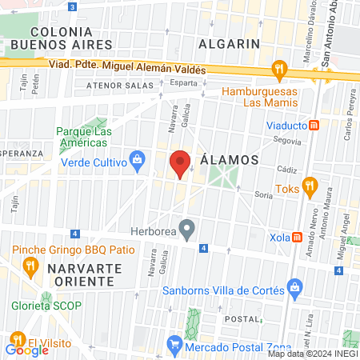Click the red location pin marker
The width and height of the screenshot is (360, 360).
(x=180, y=163)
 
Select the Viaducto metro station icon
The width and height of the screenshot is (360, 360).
(x=315, y=126)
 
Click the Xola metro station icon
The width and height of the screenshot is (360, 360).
(x=297, y=237)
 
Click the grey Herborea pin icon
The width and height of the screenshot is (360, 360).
(x=187, y=231)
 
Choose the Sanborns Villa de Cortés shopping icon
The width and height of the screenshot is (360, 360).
(x=295, y=286)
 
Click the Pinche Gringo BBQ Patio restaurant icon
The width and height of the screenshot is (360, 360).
(x=31, y=265)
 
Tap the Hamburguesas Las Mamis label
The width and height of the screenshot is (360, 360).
(x=258, y=97)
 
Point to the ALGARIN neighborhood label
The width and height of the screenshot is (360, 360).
(x=230, y=43)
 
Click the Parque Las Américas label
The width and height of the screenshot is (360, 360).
(x=82, y=138)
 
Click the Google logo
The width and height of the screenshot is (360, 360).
(x=26, y=349)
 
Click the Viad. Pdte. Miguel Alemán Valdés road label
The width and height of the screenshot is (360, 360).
(x=128, y=70)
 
